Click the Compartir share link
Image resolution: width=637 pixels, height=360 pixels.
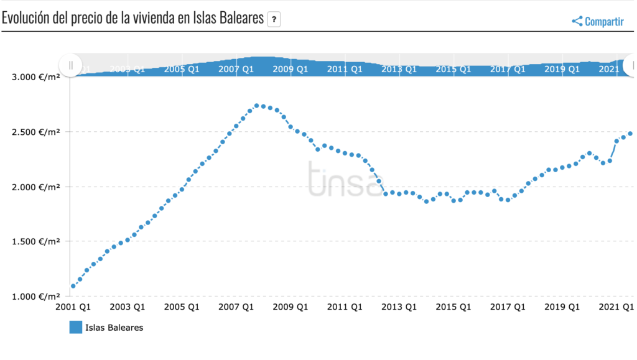pyautogui.click(x=598, y=21)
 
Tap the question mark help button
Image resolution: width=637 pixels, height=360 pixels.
pyautogui.click(x=274, y=20)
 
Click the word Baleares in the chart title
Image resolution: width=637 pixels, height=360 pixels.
pyautogui.click(x=243, y=18)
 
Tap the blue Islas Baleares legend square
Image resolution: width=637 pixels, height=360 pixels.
pyautogui.click(x=76, y=327)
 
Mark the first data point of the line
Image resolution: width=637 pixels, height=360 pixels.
pyautogui.click(x=73, y=286)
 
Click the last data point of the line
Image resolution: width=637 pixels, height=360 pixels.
pyautogui.click(x=630, y=133)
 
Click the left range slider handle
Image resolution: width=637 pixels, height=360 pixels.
pyautogui.click(x=70, y=65)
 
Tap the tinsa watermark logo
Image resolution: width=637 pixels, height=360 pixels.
pyautogui.click(x=345, y=179)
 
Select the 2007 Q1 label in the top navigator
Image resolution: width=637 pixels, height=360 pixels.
pyautogui.click(x=236, y=69)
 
